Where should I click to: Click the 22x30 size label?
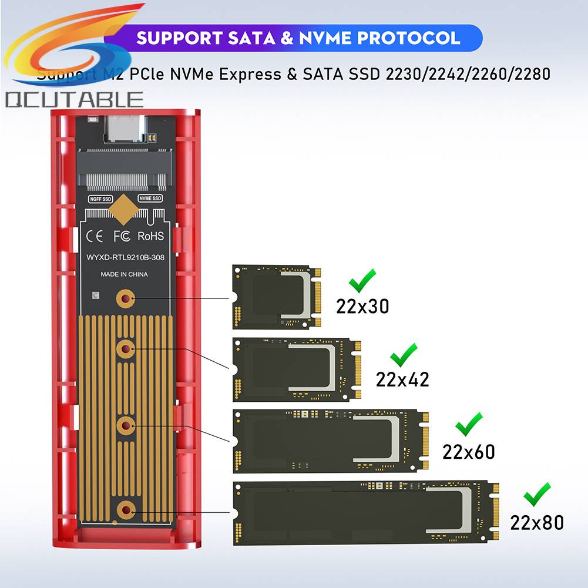click(x=362, y=306)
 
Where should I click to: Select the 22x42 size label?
click(x=402, y=379)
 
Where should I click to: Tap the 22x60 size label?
click(x=468, y=451)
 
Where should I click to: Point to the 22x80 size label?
click(x=537, y=522)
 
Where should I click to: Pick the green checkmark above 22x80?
click(x=537, y=495)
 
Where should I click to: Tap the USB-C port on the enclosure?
click(x=124, y=130)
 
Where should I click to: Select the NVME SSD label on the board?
click(x=150, y=199)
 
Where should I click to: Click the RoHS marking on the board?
click(x=150, y=236)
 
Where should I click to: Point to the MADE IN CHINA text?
click(x=124, y=274)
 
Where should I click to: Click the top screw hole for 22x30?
click(x=125, y=299)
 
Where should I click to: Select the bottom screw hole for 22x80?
click(x=125, y=509)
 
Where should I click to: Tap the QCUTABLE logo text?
click(x=75, y=100)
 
